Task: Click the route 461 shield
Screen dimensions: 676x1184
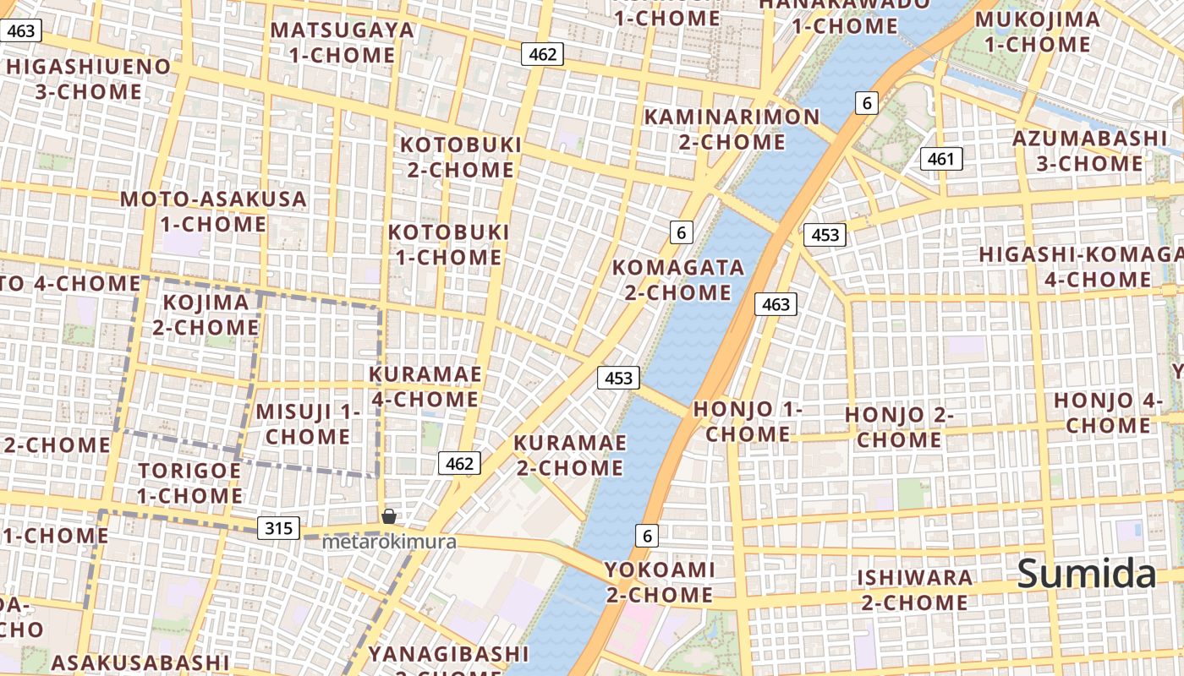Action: tap(940, 159)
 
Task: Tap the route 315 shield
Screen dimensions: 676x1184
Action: tap(278, 529)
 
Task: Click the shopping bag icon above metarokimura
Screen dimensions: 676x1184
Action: tap(389, 515)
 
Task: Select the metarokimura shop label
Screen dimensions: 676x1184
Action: tap(389, 542)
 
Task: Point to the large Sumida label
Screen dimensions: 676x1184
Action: tap(1086, 574)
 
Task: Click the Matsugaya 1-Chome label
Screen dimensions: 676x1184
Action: tap(343, 42)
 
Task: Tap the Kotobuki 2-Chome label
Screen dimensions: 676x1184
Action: tap(461, 157)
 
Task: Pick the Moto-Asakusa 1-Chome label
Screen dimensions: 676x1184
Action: tap(213, 211)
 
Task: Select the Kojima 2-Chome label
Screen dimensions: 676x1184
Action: tap(206, 314)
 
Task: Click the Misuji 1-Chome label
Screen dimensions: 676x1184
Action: tap(308, 424)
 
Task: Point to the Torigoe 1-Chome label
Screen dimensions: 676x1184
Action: tap(190, 482)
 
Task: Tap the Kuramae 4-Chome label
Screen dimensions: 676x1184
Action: tap(425, 386)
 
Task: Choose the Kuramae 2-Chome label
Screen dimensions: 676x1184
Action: tap(570, 455)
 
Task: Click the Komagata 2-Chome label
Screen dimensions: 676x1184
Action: tap(677, 280)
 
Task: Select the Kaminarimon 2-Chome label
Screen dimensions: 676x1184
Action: tap(732, 129)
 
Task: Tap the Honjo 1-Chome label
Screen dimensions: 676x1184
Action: tap(748, 422)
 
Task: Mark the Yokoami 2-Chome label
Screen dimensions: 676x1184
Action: tap(660, 582)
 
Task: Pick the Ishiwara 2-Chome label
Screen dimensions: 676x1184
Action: tap(915, 590)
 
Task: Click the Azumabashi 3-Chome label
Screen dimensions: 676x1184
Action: tap(1089, 150)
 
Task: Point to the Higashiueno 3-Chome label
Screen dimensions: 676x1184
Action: tap(88, 79)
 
